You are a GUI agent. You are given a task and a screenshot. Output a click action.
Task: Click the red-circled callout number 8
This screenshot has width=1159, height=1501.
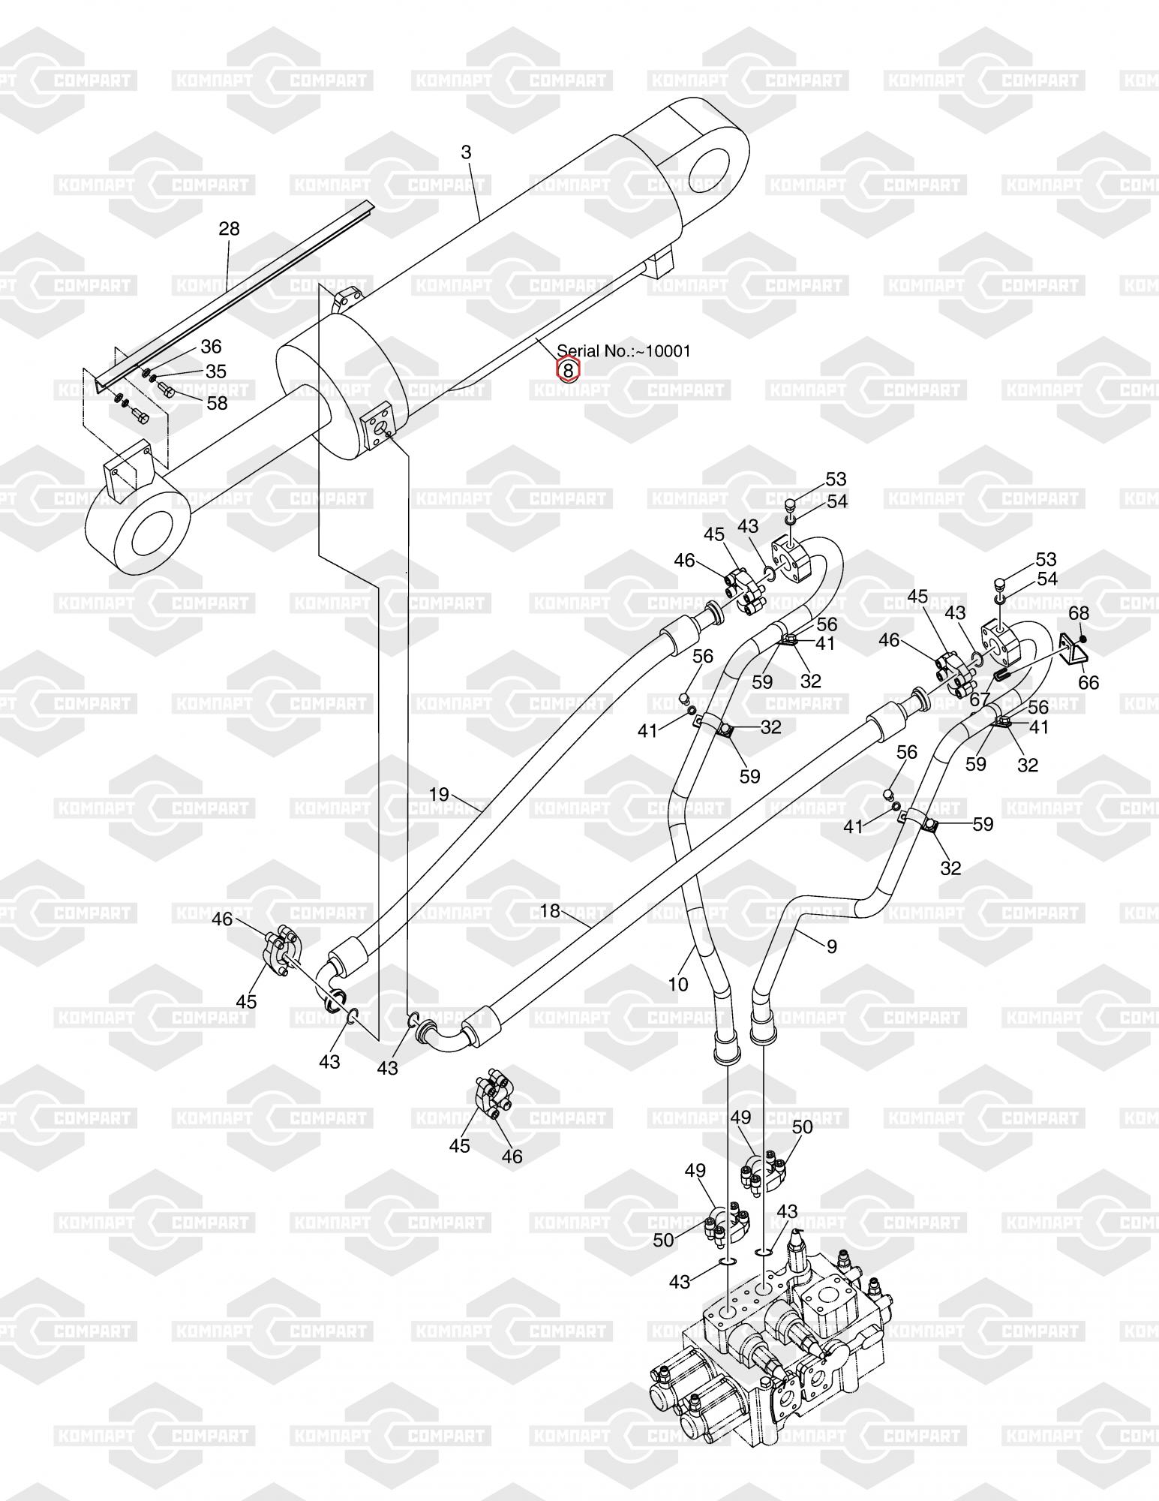(x=568, y=370)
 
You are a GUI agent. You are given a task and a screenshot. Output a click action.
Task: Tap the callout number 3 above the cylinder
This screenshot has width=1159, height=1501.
(x=466, y=152)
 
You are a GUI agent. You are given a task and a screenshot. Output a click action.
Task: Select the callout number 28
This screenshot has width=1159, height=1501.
(x=229, y=228)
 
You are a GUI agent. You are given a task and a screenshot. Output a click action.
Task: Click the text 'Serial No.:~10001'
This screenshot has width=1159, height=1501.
(x=623, y=350)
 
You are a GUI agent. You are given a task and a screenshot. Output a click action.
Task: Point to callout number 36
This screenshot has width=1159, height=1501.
(x=212, y=346)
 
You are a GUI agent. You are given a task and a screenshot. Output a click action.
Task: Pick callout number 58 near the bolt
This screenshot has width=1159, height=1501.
(x=217, y=403)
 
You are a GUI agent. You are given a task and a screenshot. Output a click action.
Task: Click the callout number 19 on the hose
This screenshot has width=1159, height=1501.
(x=439, y=794)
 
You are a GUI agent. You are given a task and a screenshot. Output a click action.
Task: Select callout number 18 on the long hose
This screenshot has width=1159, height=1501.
(x=550, y=910)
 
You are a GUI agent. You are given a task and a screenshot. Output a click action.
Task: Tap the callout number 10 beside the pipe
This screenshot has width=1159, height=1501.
(x=677, y=984)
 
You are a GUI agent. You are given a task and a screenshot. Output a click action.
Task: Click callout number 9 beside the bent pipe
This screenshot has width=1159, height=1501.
(x=831, y=946)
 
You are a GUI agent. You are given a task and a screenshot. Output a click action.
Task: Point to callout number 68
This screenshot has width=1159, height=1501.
(x=1079, y=613)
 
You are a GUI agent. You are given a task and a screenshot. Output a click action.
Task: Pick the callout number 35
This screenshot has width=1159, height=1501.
(x=216, y=371)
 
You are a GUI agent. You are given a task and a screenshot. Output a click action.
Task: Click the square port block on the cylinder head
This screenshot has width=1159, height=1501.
(x=377, y=428)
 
